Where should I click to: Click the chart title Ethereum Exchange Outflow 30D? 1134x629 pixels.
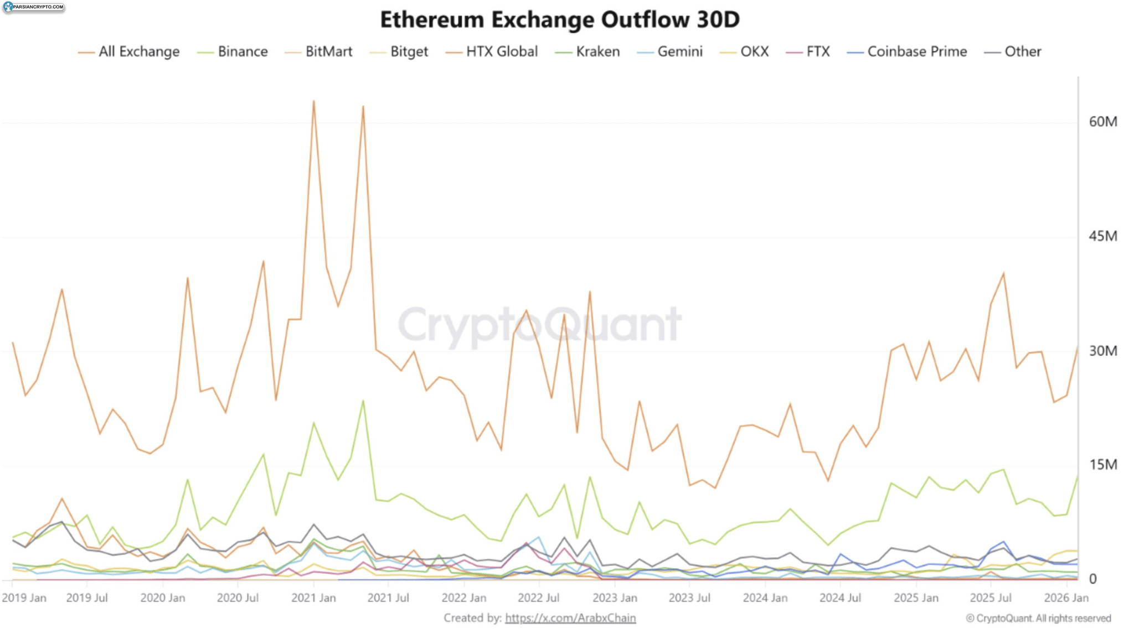point(559,20)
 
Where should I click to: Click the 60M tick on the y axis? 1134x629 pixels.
point(1102,122)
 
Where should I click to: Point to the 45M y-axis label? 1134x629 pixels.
point(1102,236)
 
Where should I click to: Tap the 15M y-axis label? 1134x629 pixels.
point(1102,465)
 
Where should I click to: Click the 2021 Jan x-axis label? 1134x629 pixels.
point(313,598)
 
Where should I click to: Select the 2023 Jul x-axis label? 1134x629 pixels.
point(689,598)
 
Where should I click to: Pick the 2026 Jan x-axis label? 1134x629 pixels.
point(1066,598)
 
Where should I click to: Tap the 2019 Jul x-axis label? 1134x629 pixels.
point(86,598)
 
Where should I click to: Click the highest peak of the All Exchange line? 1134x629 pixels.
point(314,101)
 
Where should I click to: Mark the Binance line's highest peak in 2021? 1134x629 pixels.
point(363,401)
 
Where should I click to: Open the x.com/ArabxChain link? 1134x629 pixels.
point(570,618)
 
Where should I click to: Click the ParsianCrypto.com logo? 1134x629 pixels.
point(33,7)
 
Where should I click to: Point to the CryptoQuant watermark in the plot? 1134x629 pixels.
point(540,325)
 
